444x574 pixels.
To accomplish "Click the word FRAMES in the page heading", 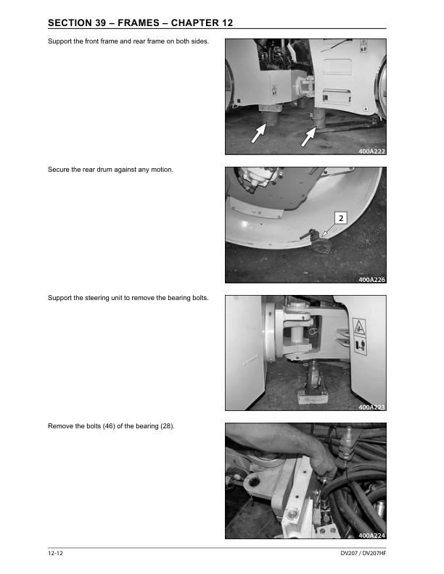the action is (139, 22).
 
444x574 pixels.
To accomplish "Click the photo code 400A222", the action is (372, 151).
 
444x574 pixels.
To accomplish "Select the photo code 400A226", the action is (372, 280).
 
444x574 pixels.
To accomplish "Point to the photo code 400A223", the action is (372, 407).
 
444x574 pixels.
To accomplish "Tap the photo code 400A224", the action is (372, 536).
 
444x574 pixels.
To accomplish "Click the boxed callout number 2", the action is (341, 218).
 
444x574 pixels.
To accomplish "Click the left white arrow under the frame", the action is (258, 133).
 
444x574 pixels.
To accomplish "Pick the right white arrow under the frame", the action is (308, 136).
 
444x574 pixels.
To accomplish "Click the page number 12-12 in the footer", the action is (55, 553).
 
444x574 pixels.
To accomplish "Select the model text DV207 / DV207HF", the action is (363, 553).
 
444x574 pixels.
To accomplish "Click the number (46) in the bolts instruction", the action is (109, 426).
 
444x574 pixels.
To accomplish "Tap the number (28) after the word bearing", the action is (168, 426).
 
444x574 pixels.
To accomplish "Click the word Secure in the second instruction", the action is (57, 170).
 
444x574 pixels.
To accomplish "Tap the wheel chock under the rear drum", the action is (320, 245).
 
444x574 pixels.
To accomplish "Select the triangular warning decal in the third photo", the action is (358, 327).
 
